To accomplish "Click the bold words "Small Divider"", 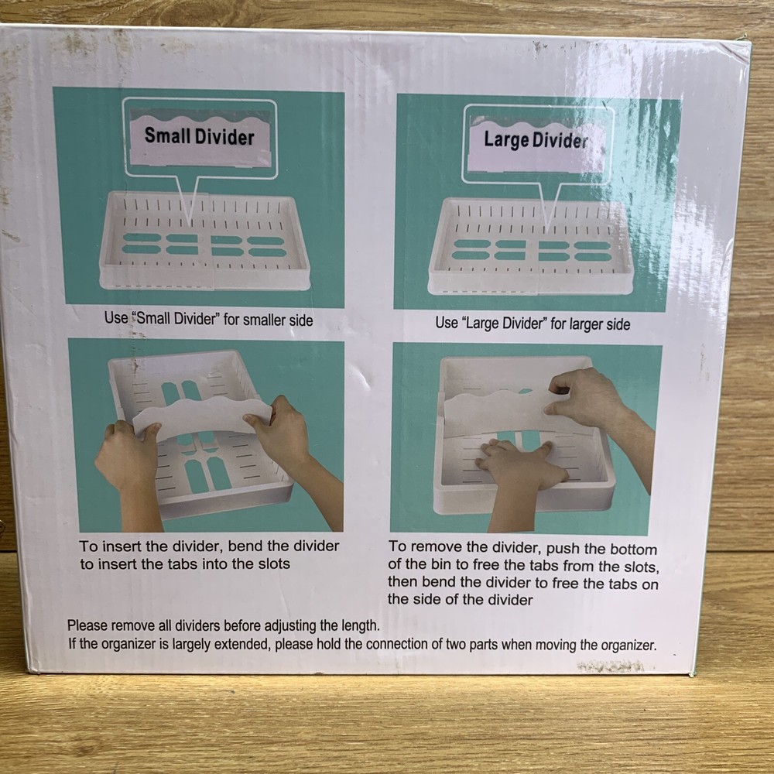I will point(199,137).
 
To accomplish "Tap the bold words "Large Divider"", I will point(536,140).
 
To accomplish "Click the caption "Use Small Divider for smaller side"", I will point(209,319).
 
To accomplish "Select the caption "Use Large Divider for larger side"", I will point(533,324).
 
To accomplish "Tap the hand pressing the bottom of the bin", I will point(516,464).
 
